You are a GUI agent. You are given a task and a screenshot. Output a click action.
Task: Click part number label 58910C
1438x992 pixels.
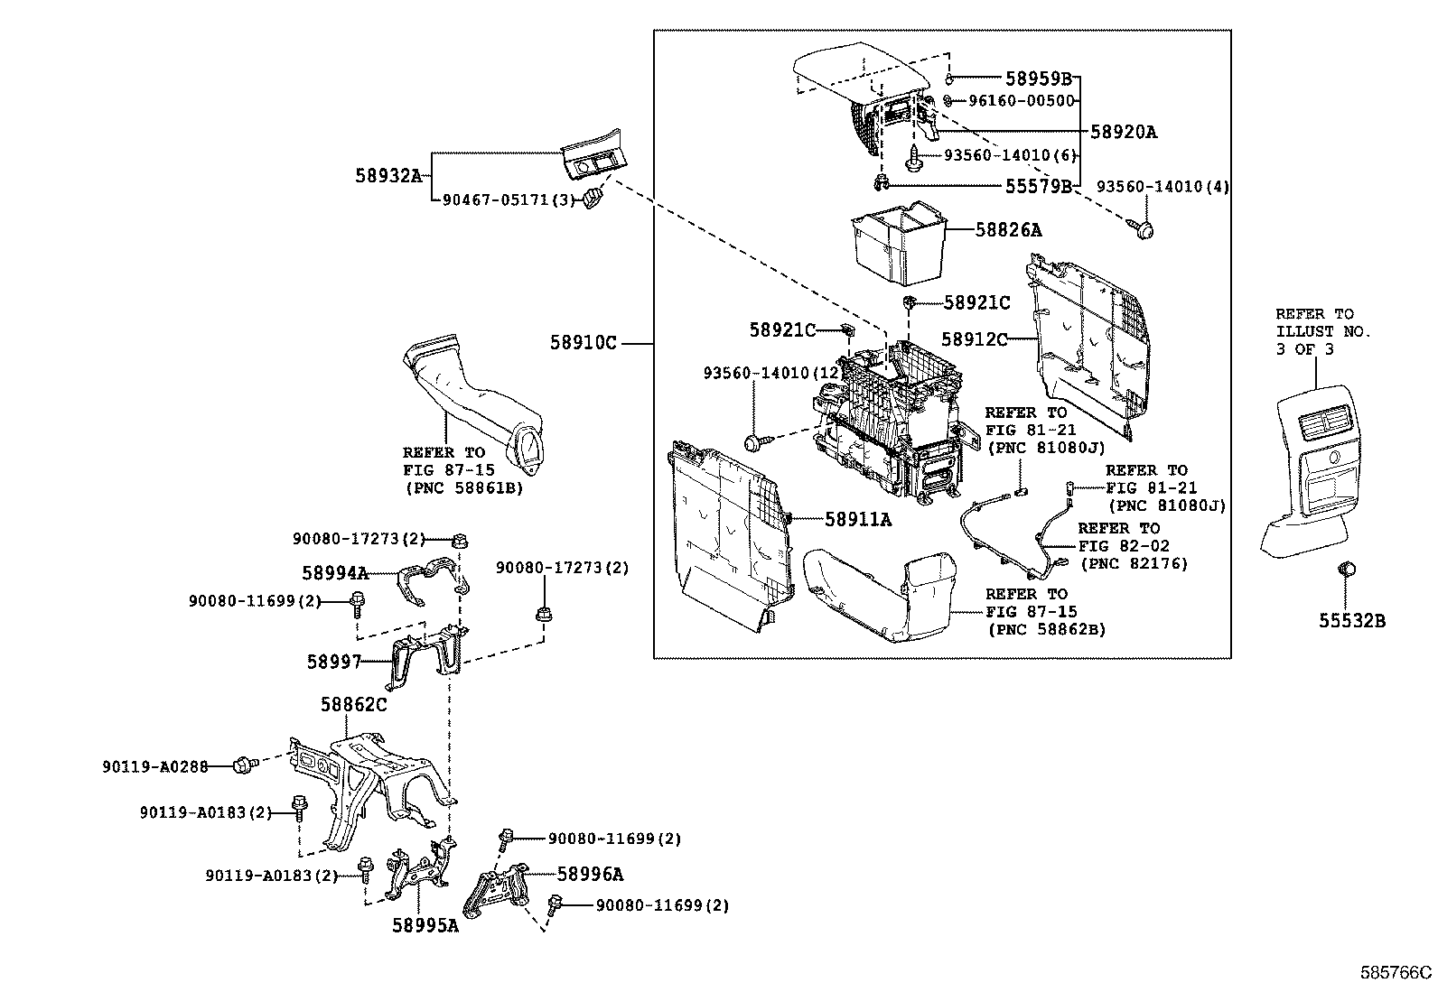tap(583, 343)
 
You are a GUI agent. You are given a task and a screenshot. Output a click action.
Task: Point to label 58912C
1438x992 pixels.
tap(974, 338)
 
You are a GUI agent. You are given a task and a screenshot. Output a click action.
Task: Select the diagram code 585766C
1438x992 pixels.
tap(1396, 973)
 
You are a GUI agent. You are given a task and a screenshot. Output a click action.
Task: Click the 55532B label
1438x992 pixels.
tap(1351, 620)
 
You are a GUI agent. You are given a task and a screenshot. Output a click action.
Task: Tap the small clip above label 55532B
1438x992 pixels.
tap(1346, 570)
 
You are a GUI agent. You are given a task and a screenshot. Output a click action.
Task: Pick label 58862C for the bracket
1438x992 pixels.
tap(353, 704)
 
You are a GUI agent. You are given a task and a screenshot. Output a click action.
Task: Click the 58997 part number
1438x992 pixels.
tap(333, 662)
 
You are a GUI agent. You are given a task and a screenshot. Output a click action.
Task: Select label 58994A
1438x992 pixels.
tap(334, 572)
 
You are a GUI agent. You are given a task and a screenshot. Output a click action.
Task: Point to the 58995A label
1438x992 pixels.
tap(425, 925)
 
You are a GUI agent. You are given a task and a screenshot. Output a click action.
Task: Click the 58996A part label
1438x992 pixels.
tap(590, 874)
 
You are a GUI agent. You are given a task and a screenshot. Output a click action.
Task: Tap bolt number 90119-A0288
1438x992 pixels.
tap(154, 766)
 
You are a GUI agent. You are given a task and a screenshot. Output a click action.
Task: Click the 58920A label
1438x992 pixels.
tap(1123, 132)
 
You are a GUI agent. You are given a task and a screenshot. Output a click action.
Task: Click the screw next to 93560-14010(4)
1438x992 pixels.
tap(1144, 229)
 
